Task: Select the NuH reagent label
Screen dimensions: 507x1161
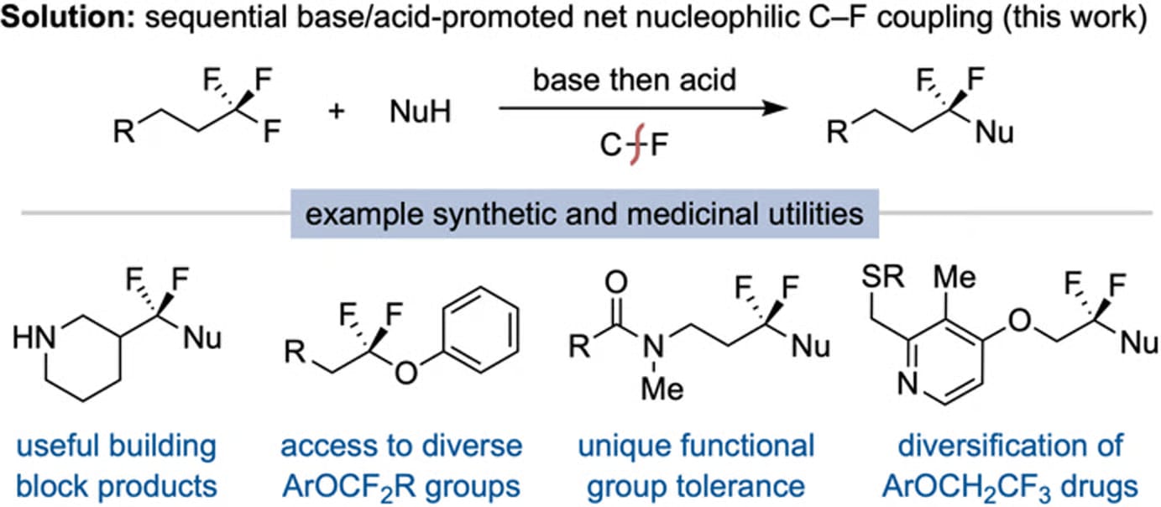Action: [x=419, y=111]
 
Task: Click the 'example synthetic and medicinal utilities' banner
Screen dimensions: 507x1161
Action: [x=583, y=215]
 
